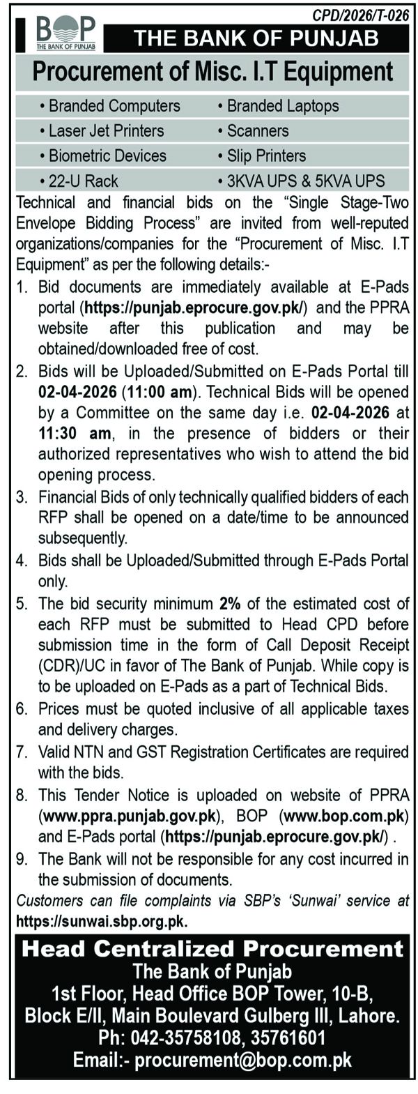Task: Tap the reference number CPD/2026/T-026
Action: coord(361,15)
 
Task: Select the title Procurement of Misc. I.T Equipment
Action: coord(212,72)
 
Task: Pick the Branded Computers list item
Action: coord(114,106)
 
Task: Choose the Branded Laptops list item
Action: coord(283,106)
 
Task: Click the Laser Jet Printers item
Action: coord(106,130)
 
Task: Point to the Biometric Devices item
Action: coord(107,155)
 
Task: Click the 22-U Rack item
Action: coord(83,181)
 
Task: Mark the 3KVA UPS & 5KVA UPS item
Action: coord(305,181)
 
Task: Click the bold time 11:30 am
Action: coord(75,433)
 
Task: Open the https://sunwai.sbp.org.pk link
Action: coord(101,920)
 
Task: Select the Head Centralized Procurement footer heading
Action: coord(212,948)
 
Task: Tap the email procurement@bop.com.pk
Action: coord(243,1060)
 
